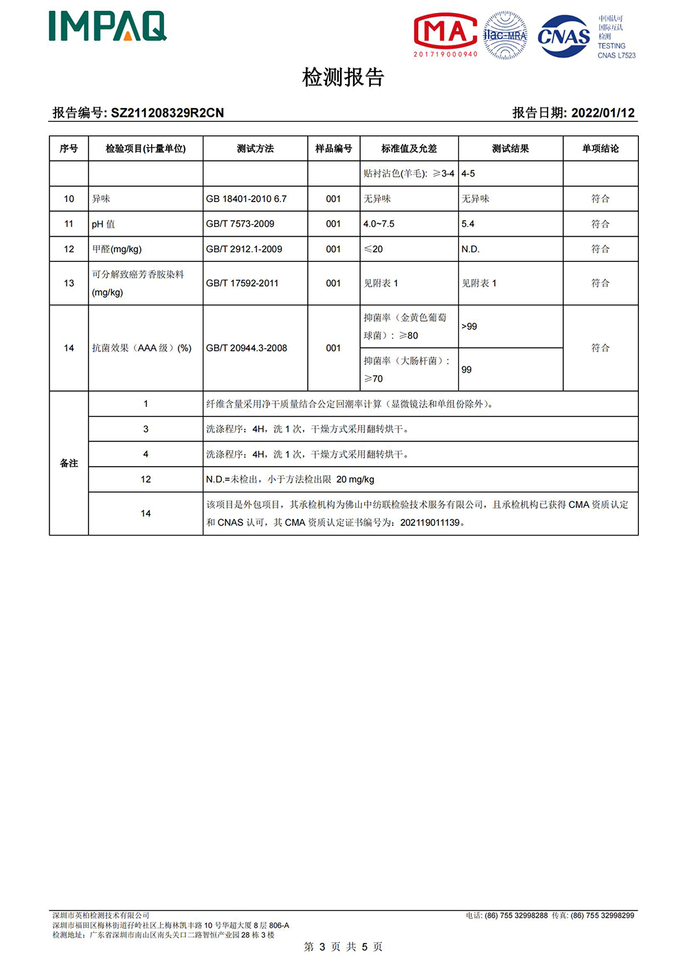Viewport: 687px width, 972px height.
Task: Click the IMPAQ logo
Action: click(108, 27)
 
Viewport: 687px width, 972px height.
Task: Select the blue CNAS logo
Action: click(563, 36)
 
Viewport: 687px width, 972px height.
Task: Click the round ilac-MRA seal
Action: click(505, 35)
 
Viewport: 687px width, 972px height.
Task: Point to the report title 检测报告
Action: click(343, 77)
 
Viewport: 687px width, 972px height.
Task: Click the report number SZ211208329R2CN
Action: click(167, 113)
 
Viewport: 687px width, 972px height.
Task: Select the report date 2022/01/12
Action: click(602, 113)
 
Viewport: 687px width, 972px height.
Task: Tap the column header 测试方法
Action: click(255, 148)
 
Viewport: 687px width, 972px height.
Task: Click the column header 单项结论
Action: click(600, 148)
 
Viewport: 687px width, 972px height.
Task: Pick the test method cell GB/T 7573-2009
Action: click(240, 224)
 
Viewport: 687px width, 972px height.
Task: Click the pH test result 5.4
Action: click(468, 224)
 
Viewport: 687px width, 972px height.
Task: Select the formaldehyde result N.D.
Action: click(471, 249)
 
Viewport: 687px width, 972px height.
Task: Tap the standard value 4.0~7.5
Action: click(379, 224)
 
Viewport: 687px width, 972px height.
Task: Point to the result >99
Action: click(469, 327)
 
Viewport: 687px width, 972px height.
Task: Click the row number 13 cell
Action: click(69, 283)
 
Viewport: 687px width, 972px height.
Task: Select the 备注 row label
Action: click(69, 463)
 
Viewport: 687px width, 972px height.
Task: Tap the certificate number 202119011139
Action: click(430, 522)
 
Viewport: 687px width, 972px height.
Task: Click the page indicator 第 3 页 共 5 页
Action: click(343, 947)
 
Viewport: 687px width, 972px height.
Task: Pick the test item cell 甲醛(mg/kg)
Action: click(117, 249)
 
